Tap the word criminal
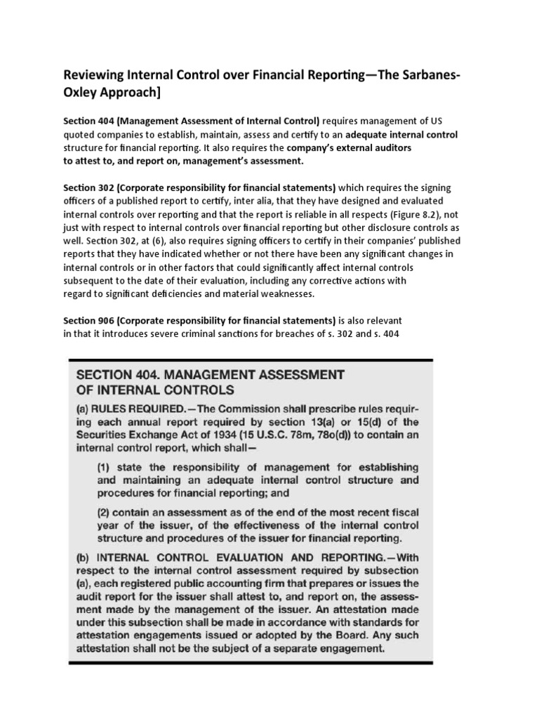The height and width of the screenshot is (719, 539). pos(245,334)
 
